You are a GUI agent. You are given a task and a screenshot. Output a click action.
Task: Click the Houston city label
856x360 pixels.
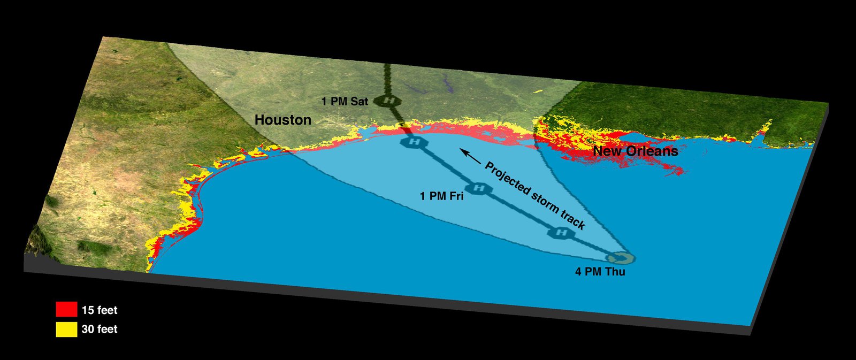click(x=282, y=120)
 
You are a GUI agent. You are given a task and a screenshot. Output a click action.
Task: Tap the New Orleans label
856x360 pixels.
click(x=635, y=151)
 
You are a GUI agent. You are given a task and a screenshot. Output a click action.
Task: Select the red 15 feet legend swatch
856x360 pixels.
click(x=66, y=310)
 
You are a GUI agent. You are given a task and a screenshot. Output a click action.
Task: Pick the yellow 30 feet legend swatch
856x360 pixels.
click(x=66, y=329)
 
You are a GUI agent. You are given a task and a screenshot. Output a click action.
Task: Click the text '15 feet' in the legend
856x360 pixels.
click(x=100, y=310)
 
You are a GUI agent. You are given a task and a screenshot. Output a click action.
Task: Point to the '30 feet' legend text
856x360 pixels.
click(x=100, y=330)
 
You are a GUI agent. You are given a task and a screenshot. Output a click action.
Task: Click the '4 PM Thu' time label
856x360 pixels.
click(x=600, y=272)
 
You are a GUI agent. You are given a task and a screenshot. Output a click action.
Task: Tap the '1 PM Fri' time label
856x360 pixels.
click(x=441, y=196)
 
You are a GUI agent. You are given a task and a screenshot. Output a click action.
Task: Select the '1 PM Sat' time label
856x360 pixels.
click(x=345, y=101)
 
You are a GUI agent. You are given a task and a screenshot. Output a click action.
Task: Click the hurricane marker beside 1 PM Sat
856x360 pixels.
click(x=391, y=101)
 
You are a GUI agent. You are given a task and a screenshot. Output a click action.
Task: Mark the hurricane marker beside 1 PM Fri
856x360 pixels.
click(x=479, y=188)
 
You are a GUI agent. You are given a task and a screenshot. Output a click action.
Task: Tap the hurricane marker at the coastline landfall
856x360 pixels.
click(x=414, y=142)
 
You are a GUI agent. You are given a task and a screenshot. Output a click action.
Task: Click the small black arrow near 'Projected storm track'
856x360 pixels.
click(x=471, y=156)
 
